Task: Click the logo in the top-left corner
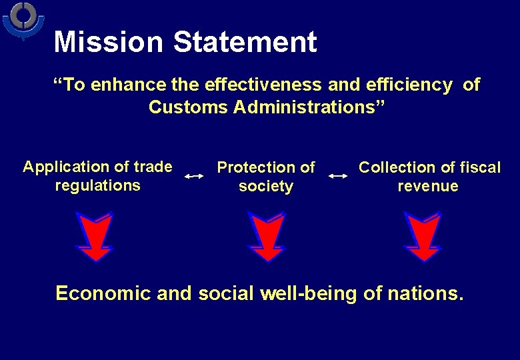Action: click(24, 20)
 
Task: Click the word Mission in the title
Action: click(108, 42)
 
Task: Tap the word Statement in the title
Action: click(245, 42)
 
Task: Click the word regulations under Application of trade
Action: click(98, 185)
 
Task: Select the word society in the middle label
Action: click(266, 187)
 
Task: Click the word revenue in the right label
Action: click(428, 187)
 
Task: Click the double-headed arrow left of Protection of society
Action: click(194, 176)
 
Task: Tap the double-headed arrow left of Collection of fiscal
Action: click(338, 176)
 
